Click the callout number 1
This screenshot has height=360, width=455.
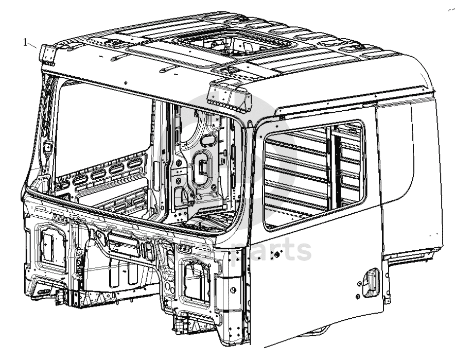25,43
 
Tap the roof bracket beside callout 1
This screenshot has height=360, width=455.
47,55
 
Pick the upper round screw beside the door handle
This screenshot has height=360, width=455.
359,284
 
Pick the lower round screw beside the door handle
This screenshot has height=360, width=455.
358,297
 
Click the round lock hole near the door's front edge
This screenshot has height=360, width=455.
276,254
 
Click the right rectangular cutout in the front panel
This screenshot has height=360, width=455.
197,281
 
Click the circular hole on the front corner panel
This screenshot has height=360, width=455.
233,290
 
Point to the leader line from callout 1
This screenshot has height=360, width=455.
32,45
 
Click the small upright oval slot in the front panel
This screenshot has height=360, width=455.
149,250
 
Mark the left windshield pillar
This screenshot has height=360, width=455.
44,128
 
